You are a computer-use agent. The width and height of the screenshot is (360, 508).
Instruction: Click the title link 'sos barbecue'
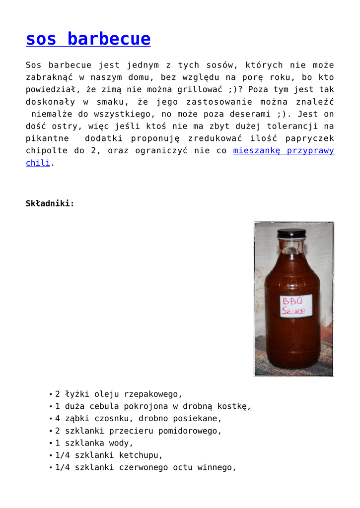click(88, 39)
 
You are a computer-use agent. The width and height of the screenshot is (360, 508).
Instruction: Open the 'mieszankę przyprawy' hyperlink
click(284, 150)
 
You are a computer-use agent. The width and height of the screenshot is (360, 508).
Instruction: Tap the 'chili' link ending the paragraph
click(38, 163)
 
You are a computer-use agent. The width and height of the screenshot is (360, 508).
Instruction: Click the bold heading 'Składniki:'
click(50, 203)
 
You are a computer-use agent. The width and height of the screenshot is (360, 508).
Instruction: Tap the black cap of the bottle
click(291, 233)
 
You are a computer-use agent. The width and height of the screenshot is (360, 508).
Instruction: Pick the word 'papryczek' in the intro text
click(312, 138)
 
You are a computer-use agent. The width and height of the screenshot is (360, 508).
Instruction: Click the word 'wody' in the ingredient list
click(124, 443)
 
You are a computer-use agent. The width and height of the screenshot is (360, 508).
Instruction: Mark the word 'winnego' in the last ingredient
click(216, 467)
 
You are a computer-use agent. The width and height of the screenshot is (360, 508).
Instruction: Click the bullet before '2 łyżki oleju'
click(51, 394)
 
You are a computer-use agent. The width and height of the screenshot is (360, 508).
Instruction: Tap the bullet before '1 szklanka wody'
click(51, 443)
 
